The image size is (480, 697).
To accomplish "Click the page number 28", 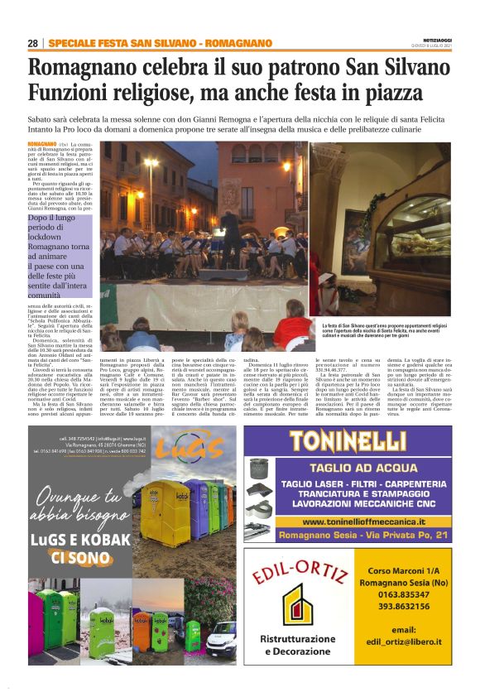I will pyautogui.click(x=33, y=43).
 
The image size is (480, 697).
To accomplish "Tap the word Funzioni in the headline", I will pyautogui.click(x=75, y=93).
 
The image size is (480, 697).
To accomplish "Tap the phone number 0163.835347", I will pyautogui.click(x=396, y=594).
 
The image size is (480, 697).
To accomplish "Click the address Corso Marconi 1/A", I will pyautogui.click(x=396, y=570).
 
